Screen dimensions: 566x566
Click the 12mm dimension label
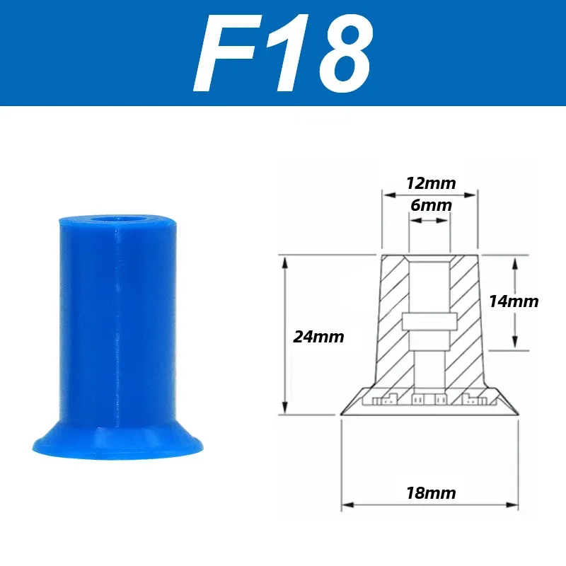430,183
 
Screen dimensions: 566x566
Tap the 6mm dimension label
430,206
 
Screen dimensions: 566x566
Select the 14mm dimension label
514,301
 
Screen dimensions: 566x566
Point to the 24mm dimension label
318,337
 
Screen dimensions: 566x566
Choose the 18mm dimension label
430,493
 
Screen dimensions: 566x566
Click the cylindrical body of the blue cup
117,318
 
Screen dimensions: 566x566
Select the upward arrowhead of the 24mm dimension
284,262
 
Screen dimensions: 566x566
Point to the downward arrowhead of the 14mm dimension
516,343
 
